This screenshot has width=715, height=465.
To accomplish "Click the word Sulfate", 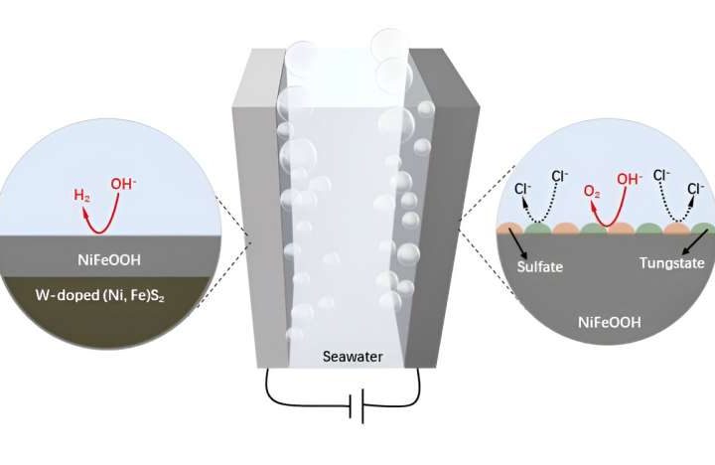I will [x=540, y=265].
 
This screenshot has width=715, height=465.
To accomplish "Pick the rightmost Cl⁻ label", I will [x=695, y=188].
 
